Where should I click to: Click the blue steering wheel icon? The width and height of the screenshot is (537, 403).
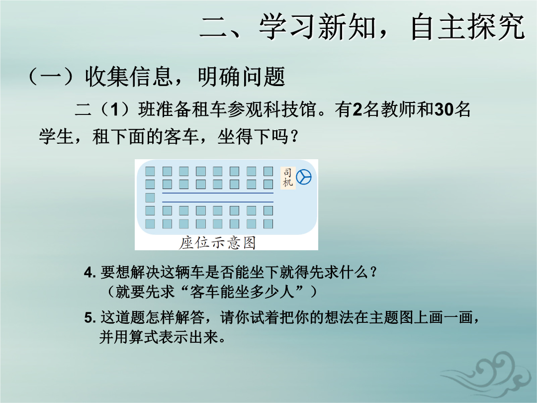pos(303,177)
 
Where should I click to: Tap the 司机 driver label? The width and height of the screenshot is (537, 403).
pos(288,178)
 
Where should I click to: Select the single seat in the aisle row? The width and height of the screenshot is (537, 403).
pos(150,198)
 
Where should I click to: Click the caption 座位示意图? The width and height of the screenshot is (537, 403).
pos(217,243)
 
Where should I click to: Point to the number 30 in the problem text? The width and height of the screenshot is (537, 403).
pos(444,109)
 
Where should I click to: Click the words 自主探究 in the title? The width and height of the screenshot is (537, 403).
pos(468,27)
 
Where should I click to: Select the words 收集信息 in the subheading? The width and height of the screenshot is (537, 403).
pos(128,76)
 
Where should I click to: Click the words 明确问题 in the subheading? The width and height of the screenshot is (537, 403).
pos(242,76)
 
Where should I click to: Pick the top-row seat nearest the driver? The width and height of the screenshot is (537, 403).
pos(268,171)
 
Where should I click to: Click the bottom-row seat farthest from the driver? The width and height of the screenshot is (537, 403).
pos(150,224)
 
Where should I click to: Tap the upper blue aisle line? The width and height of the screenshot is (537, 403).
pos(218,193)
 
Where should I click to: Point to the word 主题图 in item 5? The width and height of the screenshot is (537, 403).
pos(392,317)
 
